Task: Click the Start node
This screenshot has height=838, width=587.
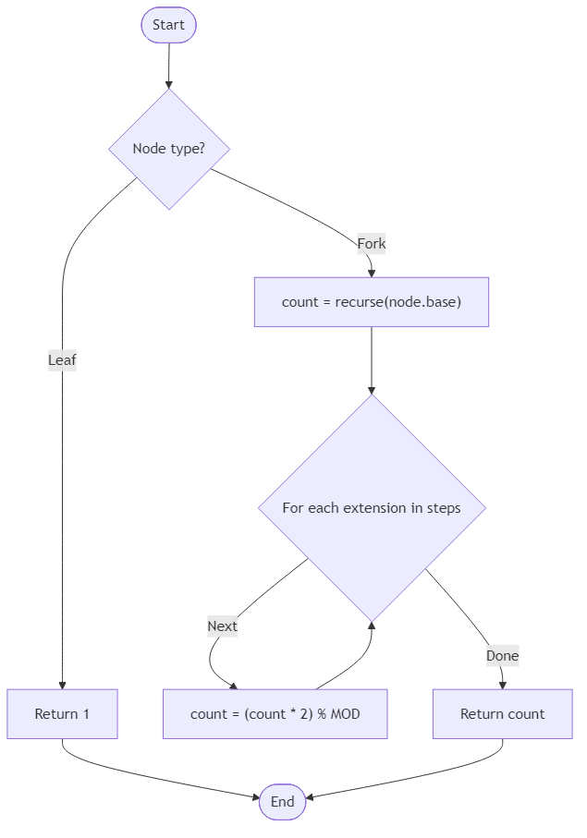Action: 168,25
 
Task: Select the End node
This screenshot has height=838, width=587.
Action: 282,801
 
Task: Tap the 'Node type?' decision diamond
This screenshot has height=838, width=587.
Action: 168,149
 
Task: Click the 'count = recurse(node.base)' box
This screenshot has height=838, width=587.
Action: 371,302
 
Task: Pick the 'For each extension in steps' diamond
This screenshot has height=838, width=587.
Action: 371,507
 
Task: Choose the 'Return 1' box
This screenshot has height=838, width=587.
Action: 62,713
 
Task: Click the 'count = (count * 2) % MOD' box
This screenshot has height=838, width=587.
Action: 275,713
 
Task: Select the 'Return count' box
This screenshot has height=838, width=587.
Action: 502,713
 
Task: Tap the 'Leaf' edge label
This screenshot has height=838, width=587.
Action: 62,360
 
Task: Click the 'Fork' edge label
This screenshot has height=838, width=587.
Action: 371,244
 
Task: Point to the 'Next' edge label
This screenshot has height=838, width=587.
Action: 222,625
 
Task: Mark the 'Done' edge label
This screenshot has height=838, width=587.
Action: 502,656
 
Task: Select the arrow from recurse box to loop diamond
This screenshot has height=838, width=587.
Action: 371,360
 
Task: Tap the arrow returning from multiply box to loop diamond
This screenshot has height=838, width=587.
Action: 361,656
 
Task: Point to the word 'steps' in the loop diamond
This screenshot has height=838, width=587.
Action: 442,507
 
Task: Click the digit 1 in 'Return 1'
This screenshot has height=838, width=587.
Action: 85,713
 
